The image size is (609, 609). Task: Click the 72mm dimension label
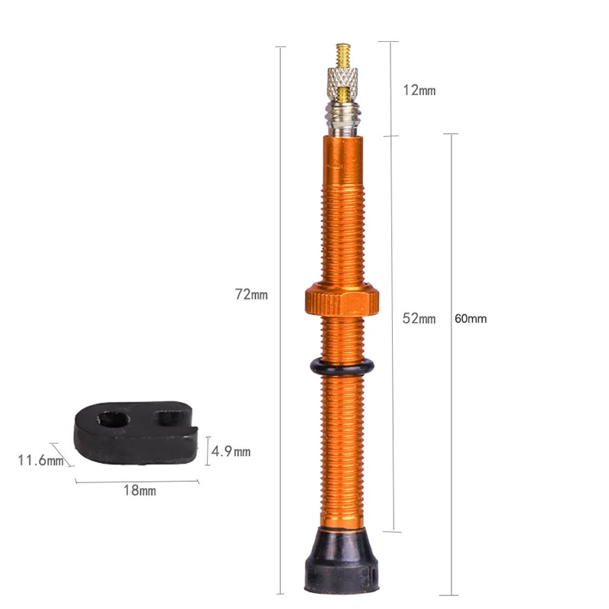click(x=251, y=294)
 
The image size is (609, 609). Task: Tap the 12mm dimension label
click(x=419, y=90)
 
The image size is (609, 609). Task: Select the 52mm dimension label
click(x=419, y=318)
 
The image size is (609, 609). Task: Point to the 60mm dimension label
click(x=470, y=318)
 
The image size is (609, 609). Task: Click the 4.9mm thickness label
click(x=231, y=451)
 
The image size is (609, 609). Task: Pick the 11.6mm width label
click(x=41, y=461)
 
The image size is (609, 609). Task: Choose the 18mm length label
click(x=140, y=490)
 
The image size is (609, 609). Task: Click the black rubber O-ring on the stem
click(x=342, y=367)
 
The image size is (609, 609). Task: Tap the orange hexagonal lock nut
click(x=342, y=298)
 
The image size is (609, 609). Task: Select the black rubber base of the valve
click(x=341, y=560)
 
